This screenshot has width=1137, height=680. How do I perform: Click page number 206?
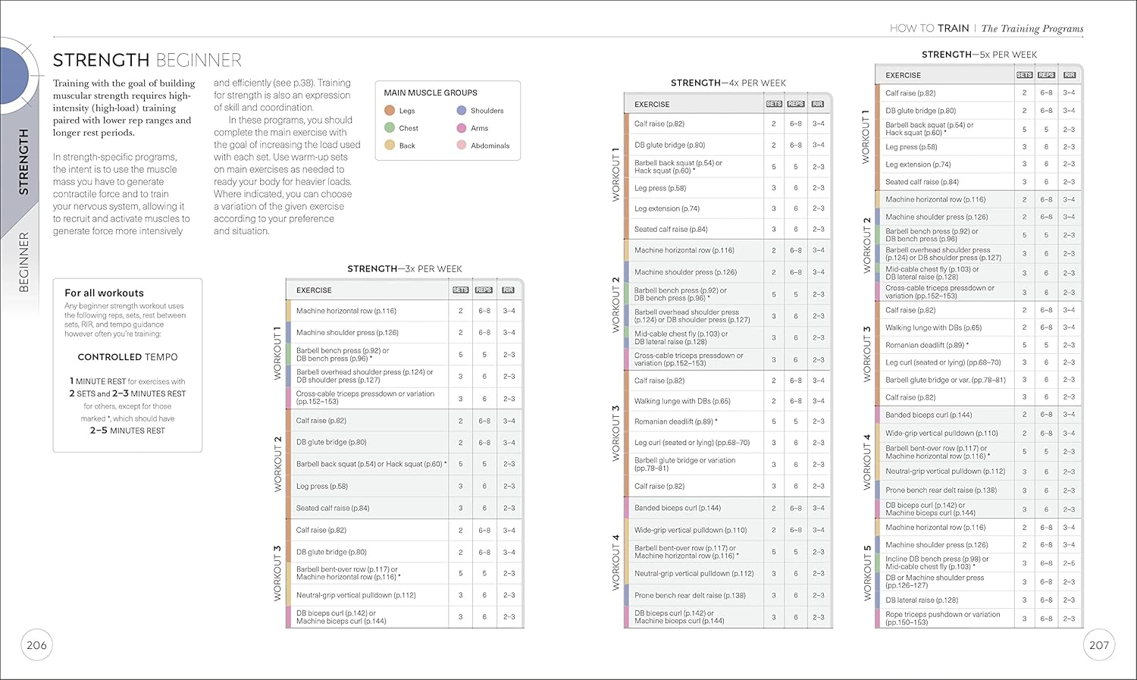tap(36, 645)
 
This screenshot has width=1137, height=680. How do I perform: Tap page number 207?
tap(1098, 645)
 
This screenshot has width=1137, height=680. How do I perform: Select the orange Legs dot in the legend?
tap(390, 111)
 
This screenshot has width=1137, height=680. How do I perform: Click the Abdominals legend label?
tap(490, 146)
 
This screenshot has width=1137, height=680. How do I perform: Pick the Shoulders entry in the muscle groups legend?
tap(487, 111)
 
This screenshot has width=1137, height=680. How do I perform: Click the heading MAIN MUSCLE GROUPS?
tap(431, 92)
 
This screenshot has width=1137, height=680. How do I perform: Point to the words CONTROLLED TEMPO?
tap(127, 357)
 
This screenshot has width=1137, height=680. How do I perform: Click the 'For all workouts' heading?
tap(104, 293)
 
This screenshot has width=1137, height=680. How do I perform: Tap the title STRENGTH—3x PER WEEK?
tap(405, 269)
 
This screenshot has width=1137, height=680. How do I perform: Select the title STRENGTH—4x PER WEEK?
tap(728, 83)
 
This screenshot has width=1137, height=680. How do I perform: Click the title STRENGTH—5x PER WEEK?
tap(979, 55)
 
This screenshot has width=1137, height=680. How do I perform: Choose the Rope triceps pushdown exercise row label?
tap(942, 619)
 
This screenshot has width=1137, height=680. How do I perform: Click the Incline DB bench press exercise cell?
tap(937, 562)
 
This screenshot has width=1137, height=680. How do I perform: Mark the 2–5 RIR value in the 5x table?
tap(1069, 563)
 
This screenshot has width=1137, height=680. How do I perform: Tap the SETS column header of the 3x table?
tap(460, 290)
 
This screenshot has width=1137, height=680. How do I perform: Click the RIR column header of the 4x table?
tap(817, 104)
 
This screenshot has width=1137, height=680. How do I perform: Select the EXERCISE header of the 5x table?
tap(903, 75)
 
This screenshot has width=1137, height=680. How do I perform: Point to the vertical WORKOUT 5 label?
tap(867, 573)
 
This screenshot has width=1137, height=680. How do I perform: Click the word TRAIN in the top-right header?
tap(953, 29)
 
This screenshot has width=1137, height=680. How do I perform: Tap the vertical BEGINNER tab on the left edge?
tap(23, 262)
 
